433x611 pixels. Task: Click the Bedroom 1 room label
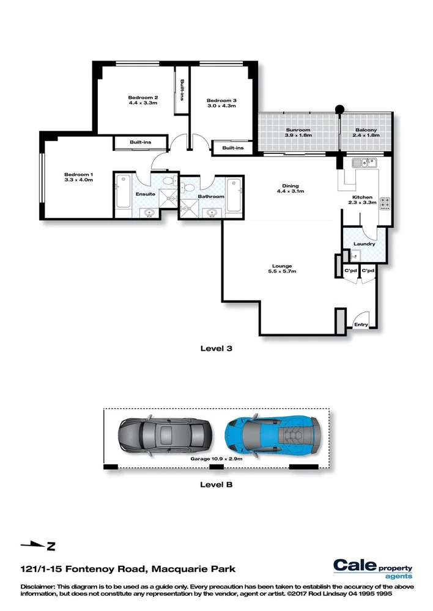(78, 174)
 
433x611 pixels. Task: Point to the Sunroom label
(298, 130)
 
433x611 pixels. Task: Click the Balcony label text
(366, 130)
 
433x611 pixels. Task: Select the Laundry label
(364, 244)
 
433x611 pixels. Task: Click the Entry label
(361, 324)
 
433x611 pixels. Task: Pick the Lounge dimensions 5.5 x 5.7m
(282, 272)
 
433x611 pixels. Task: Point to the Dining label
(290, 186)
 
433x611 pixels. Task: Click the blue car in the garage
(272, 434)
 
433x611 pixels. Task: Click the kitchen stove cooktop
(384, 202)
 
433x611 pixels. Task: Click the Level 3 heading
(216, 349)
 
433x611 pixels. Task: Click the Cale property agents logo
(372, 568)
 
